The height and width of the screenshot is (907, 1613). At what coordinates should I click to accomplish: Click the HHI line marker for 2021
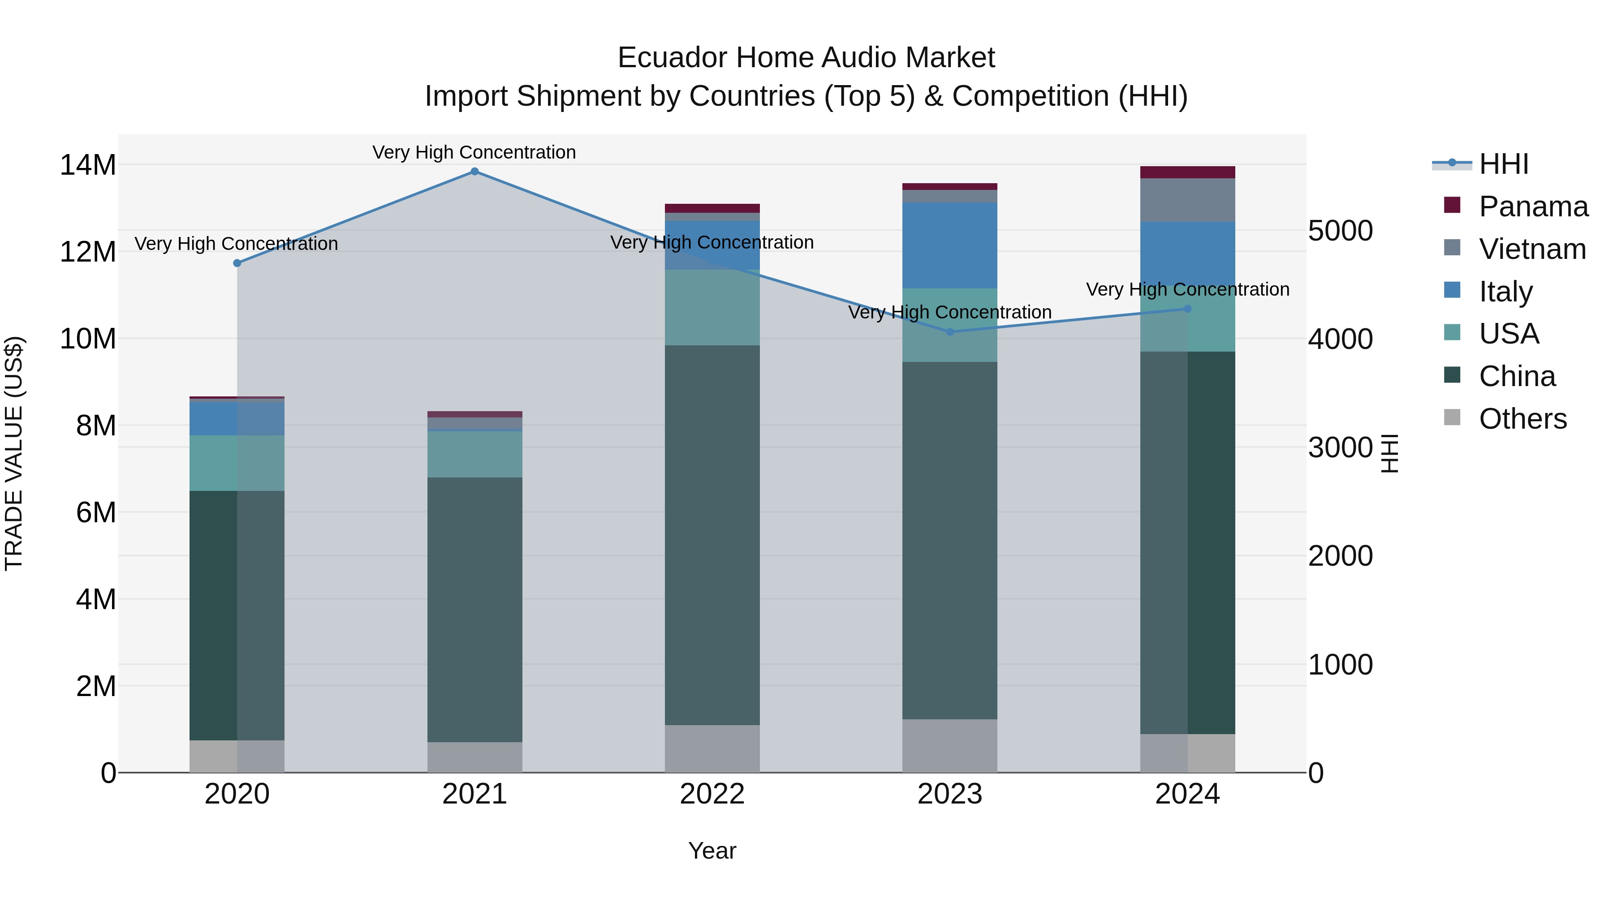(x=474, y=172)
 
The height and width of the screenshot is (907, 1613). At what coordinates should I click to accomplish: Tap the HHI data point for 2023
(x=950, y=332)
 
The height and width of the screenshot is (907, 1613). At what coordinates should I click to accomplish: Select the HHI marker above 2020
(x=237, y=263)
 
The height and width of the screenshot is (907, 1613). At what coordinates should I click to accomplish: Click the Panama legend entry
(x=1533, y=206)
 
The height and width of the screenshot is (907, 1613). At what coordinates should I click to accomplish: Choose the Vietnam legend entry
(x=1531, y=249)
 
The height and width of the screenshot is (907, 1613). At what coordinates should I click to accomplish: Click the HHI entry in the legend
(x=1503, y=164)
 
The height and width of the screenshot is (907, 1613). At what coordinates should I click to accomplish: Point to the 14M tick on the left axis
(x=88, y=165)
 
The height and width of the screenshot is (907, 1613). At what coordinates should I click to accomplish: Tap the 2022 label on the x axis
(x=712, y=794)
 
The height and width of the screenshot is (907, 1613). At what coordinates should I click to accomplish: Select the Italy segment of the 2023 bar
(x=950, y=245)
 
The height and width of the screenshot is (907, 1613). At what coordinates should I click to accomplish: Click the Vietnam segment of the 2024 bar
(x=1187, y=200)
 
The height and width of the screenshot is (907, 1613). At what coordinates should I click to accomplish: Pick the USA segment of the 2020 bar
(x=237, y=463)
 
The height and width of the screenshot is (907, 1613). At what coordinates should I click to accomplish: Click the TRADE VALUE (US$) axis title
(x=14, y=453)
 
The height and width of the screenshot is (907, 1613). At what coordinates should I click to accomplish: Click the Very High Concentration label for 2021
(x=474, y=152)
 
